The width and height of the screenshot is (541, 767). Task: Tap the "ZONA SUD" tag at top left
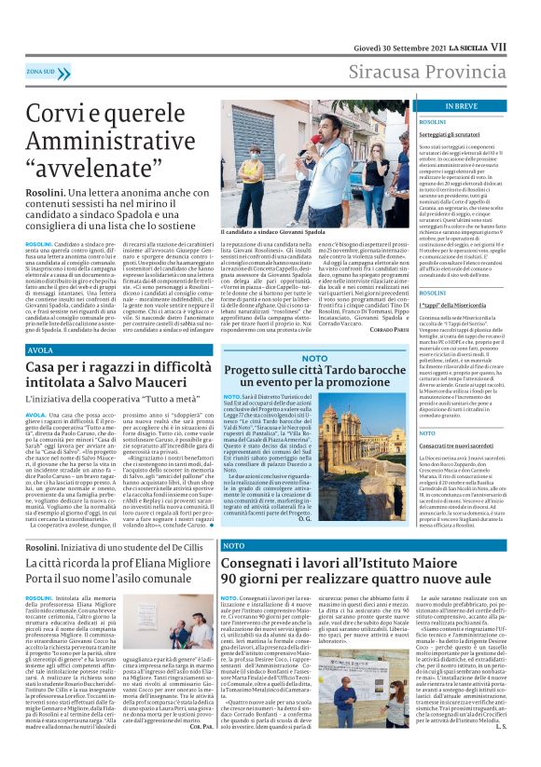(x=40, y=71)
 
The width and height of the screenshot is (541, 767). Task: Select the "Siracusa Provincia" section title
(x=437, y=71)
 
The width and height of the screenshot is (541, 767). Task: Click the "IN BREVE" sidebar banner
(x=436, y=107)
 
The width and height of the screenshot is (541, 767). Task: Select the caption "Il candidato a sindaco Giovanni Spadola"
(x=271, y=231)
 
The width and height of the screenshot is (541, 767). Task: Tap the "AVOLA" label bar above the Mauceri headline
(x=41, y=350)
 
